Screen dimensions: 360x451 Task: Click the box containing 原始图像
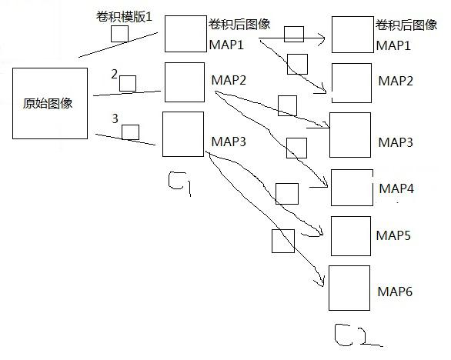(x=49, y=104)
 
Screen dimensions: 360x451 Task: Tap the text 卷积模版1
(x=133, y=16)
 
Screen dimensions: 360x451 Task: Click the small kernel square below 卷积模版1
(x=119, y=34)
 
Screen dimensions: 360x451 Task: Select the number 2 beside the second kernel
(x=114, y=75)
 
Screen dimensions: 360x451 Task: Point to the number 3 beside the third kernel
(x=115, y=119)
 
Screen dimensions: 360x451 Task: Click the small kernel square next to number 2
(x=128, y=83)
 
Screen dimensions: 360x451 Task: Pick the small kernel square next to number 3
(x=130, y=132)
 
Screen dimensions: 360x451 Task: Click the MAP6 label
(x=396, y=292)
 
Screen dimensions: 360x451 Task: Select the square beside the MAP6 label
(x=349, y=288)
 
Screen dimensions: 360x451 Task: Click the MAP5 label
(x=394, y=235)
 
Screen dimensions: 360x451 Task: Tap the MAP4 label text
(x=396, y=188)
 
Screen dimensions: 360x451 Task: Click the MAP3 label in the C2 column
(x=396, y=143)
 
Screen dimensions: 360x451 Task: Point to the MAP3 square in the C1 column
(x=182, y=134)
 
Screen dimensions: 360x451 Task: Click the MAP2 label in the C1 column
(x=228, y=80)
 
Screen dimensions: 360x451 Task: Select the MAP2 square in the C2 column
(x=352, y=83)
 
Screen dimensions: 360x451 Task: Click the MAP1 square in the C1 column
(x=185, y=33)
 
